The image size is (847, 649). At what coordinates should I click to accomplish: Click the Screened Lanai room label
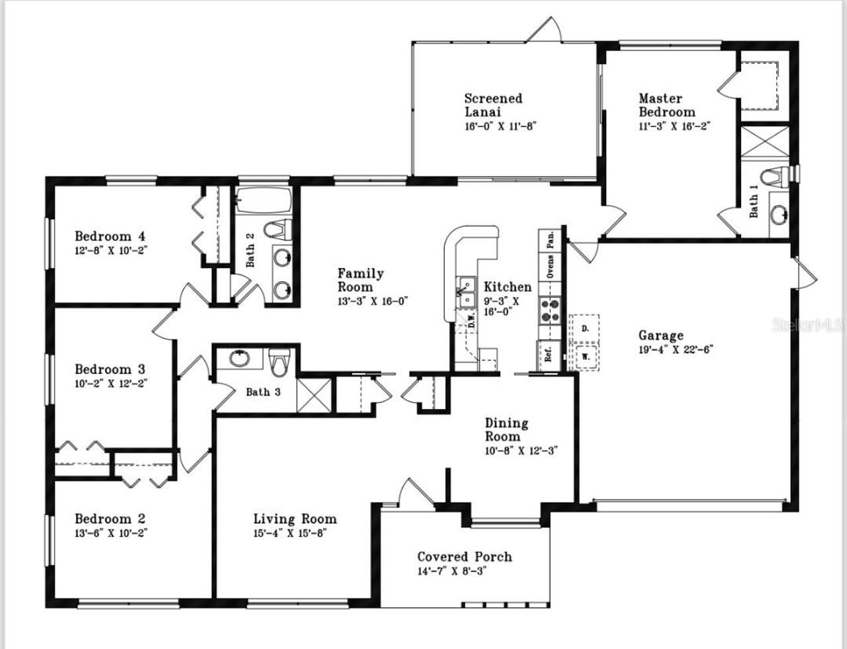493,105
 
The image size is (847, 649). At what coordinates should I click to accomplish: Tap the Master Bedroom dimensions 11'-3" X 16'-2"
674,126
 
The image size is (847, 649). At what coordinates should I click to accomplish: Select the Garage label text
660,335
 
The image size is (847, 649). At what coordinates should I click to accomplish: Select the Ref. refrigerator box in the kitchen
549,353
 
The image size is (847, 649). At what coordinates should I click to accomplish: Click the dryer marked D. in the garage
585,327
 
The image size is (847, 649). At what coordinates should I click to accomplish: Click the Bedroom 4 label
110,236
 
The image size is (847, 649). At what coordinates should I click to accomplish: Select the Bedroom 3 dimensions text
110,383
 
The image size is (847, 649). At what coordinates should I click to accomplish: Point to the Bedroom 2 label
110,519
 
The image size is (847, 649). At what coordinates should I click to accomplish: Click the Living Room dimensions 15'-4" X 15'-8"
290,533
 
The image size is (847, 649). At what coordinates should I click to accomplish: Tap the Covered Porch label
464,557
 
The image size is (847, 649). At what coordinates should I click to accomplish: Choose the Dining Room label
506,429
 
